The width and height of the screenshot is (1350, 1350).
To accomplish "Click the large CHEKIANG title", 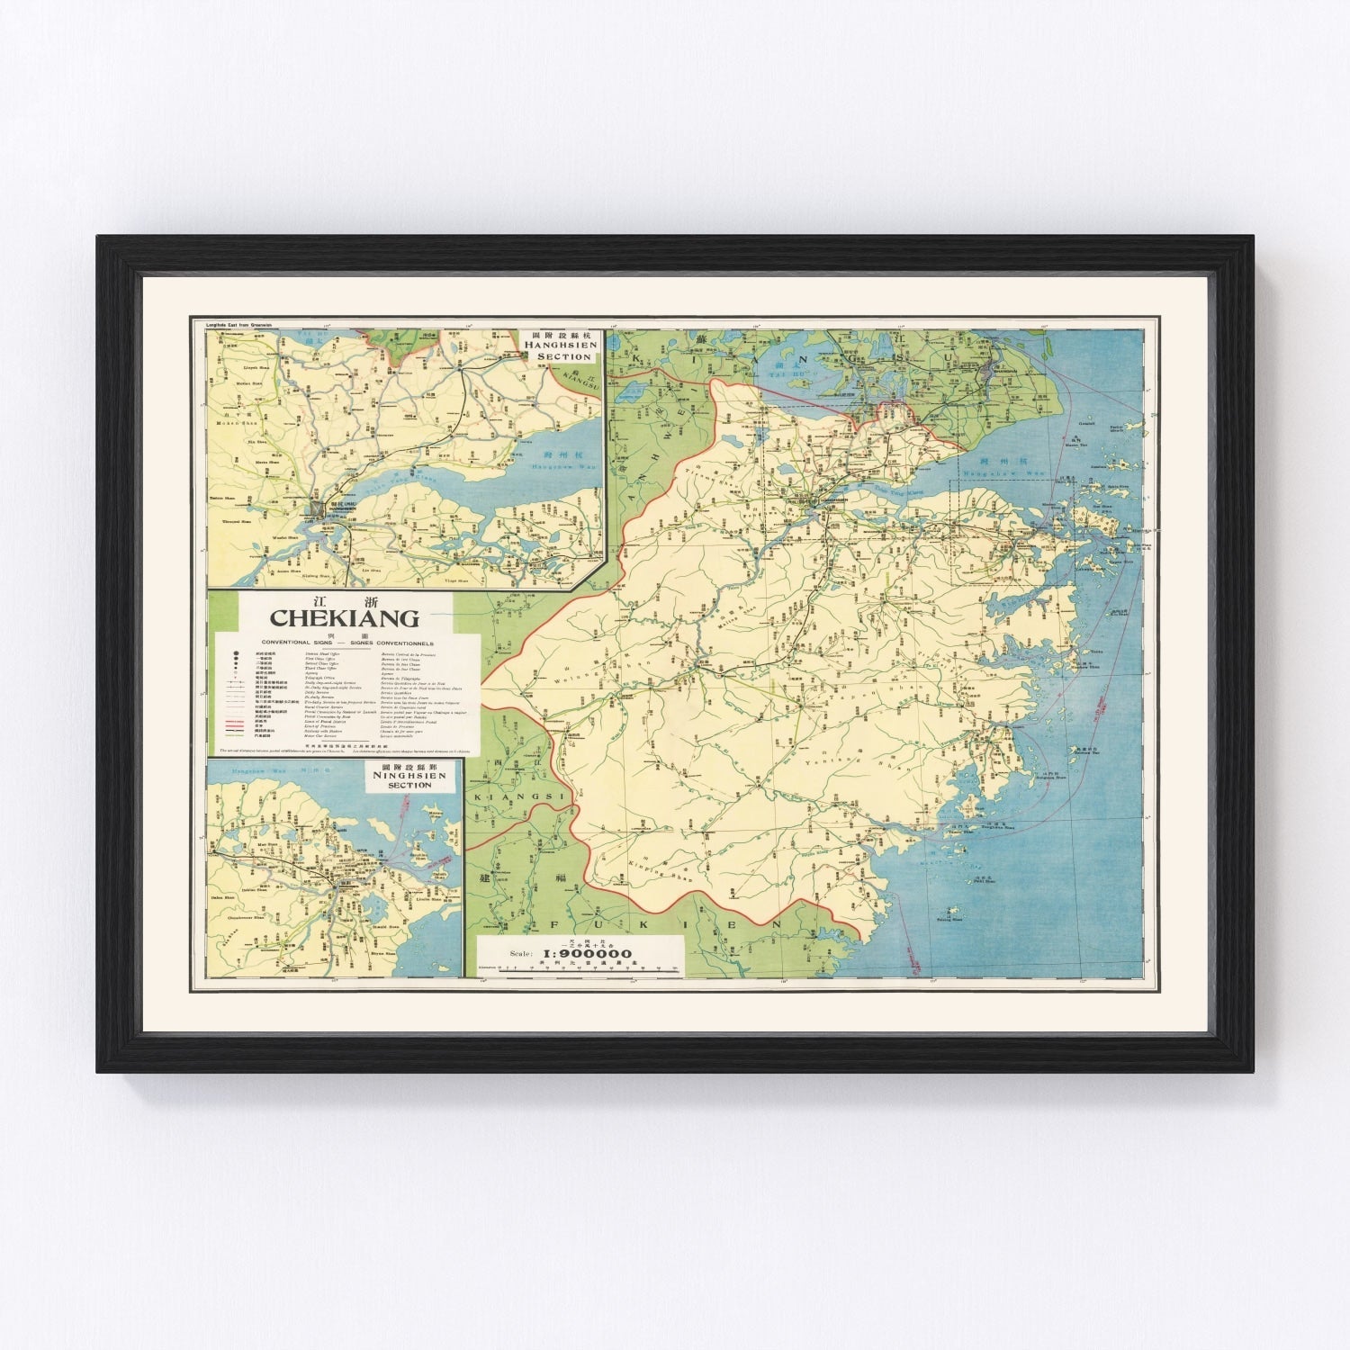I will [x=345, y=618].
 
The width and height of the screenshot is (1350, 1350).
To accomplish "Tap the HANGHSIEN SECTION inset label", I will [x=563, y=350].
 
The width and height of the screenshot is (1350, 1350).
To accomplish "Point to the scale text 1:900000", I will [x=585, y=954].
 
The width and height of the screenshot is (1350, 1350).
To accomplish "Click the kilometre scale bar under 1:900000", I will [x=585, y=970].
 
